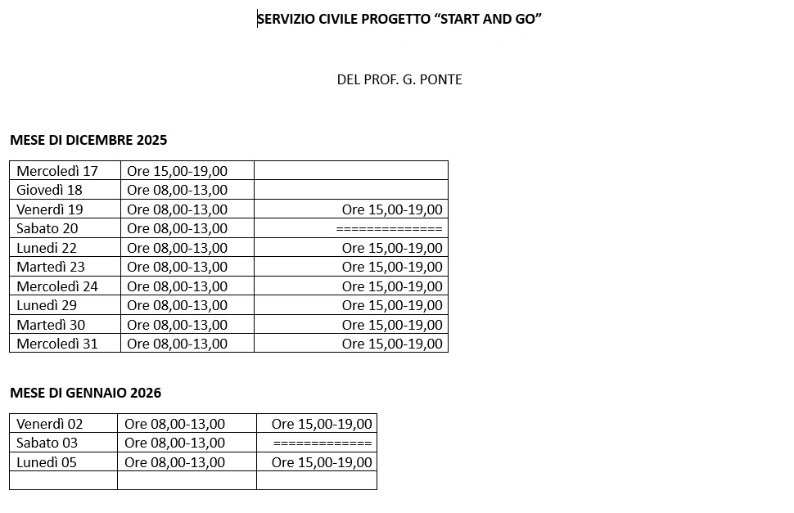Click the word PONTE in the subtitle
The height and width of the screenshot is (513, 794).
(440, 79)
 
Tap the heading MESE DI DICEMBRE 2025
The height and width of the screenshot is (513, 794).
(88, 140)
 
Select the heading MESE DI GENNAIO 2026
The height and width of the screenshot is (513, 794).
(85, 393)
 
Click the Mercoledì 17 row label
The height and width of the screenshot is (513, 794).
(57, 171)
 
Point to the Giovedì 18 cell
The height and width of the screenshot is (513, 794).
(50, 190)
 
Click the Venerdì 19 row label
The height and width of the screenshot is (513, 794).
(50, 209)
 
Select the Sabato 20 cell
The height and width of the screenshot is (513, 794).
(47, 228)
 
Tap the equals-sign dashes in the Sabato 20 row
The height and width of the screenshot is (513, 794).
(389, 228)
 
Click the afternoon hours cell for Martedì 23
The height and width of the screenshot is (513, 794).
(392, 267)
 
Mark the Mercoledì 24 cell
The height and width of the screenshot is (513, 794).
(57, 286)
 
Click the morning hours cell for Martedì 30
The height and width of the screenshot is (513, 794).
(178, 325)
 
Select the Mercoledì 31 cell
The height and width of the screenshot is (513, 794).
(57, 344)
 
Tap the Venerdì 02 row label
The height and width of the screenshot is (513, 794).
(50, 424)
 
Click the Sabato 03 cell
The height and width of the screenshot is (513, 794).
(47, 443)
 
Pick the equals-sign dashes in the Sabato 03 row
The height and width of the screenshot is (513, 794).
(323, 443)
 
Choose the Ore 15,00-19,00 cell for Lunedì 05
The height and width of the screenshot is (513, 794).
(322, 462)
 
